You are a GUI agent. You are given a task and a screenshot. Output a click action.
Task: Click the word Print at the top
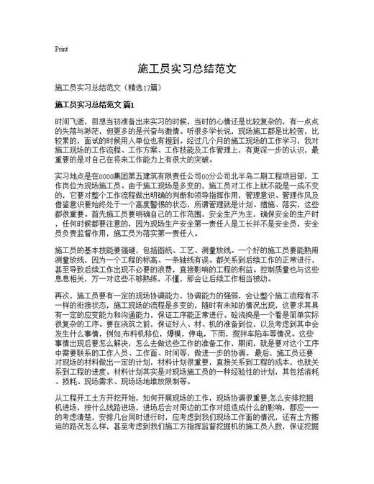coord(61,50)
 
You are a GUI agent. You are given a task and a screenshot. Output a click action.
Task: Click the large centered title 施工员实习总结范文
coord(187,70)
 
